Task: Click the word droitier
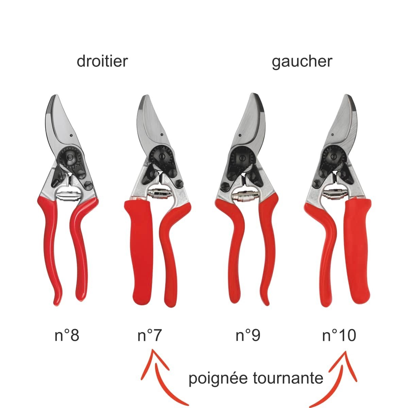click(102, 61)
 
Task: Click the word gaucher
click(302, 62)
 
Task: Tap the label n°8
click(67, 335)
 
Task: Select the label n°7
click(150, 335)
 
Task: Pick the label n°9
click(248, 335)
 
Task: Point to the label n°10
click(339, 335)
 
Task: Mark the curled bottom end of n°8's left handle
click(57, 299)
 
